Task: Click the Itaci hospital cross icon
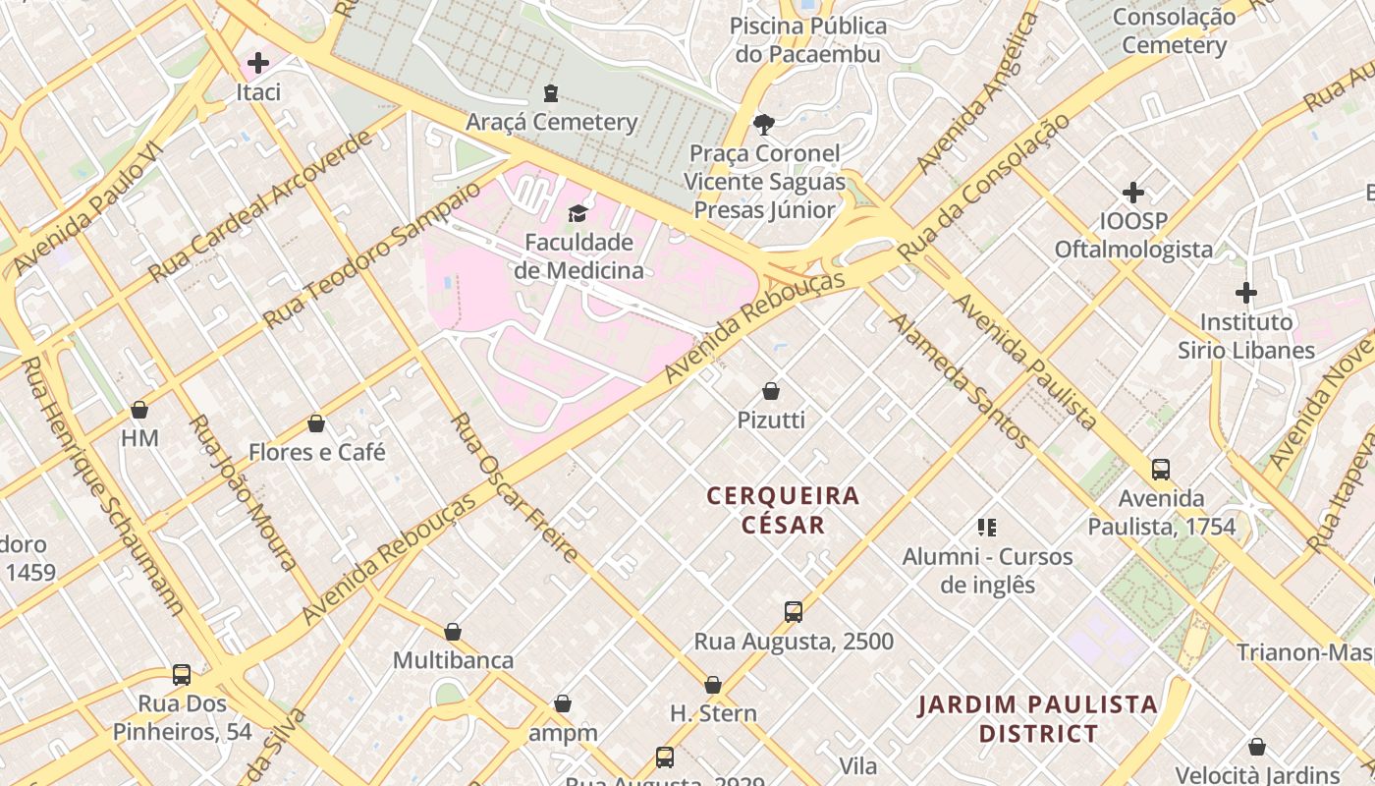pyautogui.click(x=258, y=64)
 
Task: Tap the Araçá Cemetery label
pyautogui.click(x=551, y=122)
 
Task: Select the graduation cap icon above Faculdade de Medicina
pyautogui.click(x=577, y=213)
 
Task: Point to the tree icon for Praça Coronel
pyautogui.click(x=763, y=125)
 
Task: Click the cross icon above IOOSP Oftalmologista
pyautogui.click(x=1133, y=193)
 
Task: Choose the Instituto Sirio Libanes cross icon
pyautogui.click(x=1246, y=293)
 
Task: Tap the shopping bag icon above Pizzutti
pyautogui.click(x=771, y=391)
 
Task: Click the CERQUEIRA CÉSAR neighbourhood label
pyautogui.click(x=783, y=510)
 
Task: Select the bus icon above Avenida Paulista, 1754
pyautogui.click(x=1161, y=470)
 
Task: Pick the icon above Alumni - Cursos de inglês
pyautogui.click(x=987, y=528)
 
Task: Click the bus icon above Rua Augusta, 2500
pyautogui.click(x=794, y=612)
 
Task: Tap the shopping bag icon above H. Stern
pyautogui.click(x=713, y=685)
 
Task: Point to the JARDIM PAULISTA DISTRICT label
pyautogui.click(x=1038, y=719)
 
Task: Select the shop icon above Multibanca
pyautogui.click(x=453, y=632)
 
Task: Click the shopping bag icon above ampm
pyautogui.click(x=563, y=704)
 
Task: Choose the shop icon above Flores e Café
pyautogui.click(x=316, y=424)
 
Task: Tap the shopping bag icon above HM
pyautogui.click(x=139, y=410)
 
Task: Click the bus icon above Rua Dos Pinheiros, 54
pyautogui.click(x=182, y=675)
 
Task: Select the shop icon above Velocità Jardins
pyautogui.click(x=1257, y=747)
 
